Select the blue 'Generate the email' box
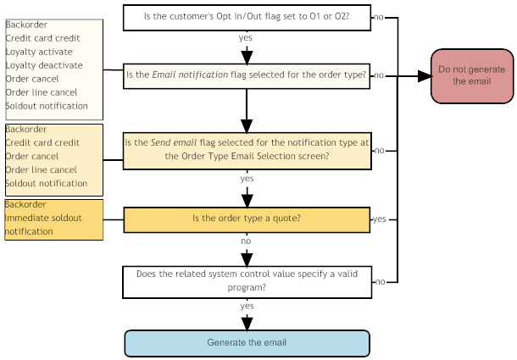point(247,343)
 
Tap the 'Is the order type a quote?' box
point(247,219)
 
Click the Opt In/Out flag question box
point(247,17)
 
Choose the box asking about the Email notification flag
point(247,75)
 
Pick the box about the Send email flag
point(247,150)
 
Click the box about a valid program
point(247,281)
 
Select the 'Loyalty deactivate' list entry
point(43,65)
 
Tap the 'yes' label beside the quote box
point(379,219)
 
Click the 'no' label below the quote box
point(246,241)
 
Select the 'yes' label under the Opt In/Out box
point(246,38)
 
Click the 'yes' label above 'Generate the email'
point(246,306)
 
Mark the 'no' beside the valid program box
point(380,281)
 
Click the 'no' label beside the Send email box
point(380,150)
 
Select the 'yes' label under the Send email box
point(246,179)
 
